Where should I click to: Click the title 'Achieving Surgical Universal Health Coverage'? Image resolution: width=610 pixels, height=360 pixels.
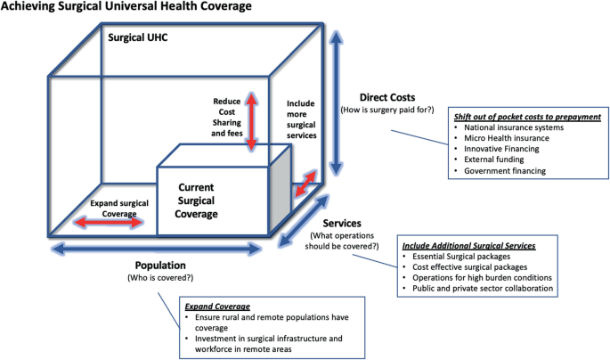[125, 7]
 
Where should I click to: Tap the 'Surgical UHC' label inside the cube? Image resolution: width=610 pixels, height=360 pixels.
[138, 40]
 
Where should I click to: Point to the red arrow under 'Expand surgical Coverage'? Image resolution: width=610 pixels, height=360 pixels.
[111, 222]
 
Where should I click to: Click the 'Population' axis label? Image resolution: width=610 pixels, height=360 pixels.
[159, 266]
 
